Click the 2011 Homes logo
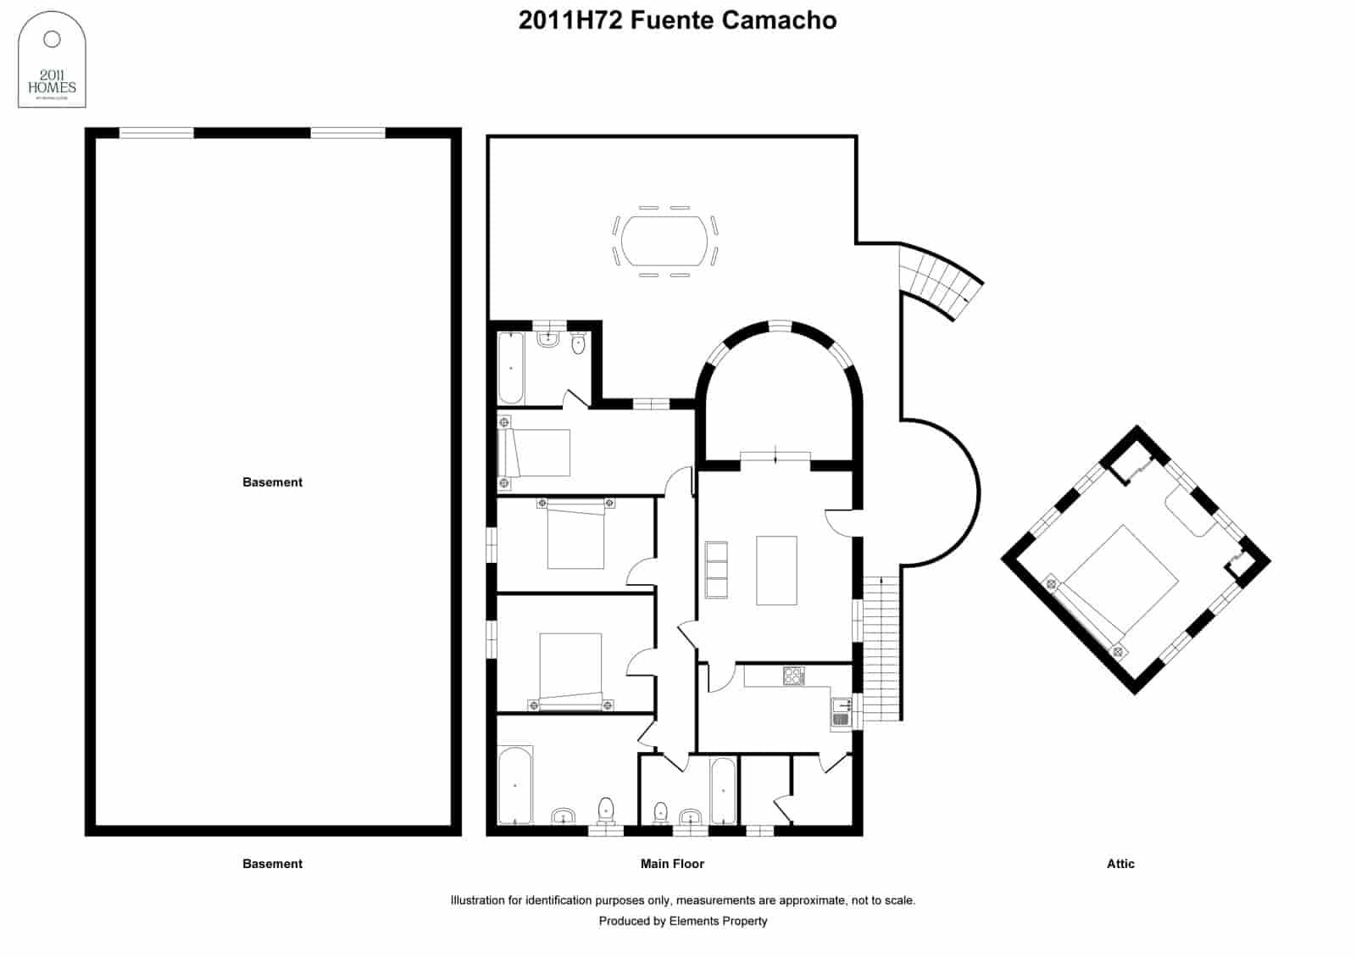(x=52, y=59)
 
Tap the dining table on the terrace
(x=664, y=241)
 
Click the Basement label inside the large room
(x=272, y=482)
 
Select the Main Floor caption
(x=672, y=864)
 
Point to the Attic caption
(x=1120, y=864)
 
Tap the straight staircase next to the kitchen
(x=881, y=649)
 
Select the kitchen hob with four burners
(x=794, y=676)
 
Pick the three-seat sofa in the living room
(x=716, y=570)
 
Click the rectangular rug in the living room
(x=776, y=570)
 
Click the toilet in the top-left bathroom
(x=578, y=343)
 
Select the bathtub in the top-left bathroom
(x=510, y=368)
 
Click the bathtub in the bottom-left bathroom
(x=515, y=785)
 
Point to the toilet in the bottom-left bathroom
(x=606, y=810)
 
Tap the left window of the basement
(x=156, y=133)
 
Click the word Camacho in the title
(x=779, y=20)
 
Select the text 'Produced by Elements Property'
(x=682, y=921)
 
